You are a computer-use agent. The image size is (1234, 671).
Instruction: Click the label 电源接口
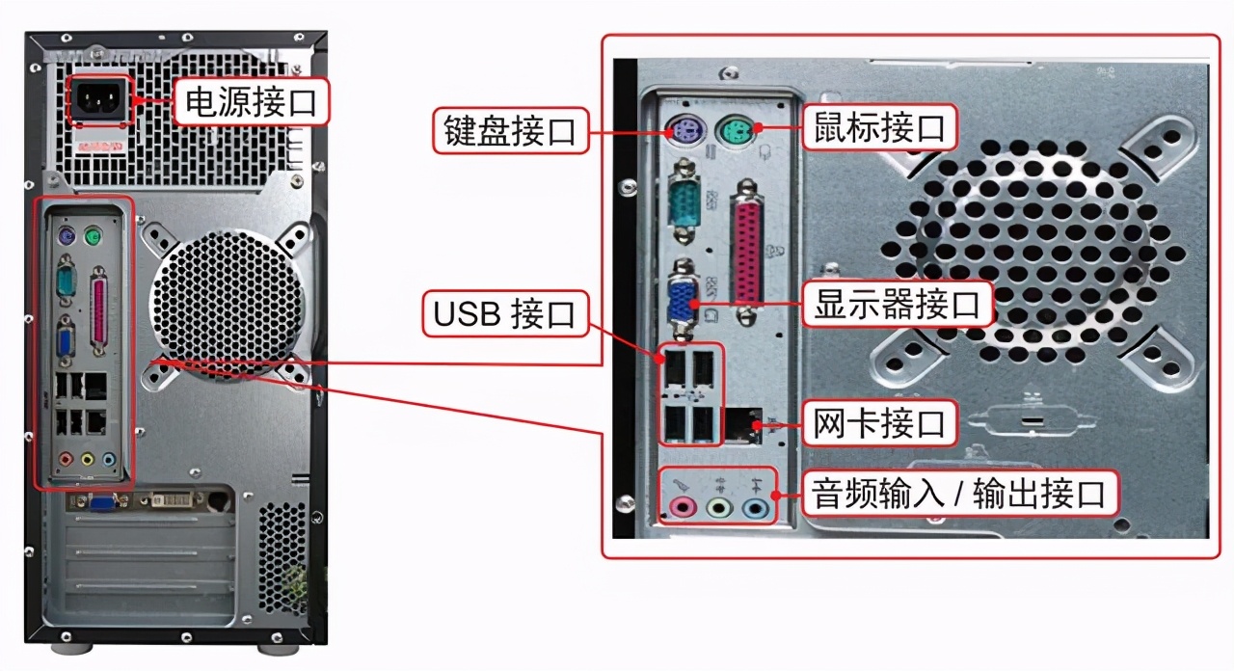pyautogui.click(x=251, y=101)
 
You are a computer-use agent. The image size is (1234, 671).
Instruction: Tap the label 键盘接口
pyautogui.click(x=509, y=130)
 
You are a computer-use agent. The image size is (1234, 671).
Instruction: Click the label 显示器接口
pyautogui.click(x=897, y=304)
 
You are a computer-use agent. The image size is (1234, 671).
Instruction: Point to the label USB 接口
pyautogui.click(x=504, y=313)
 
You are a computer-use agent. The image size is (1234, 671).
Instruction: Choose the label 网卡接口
pyautogui.click(x=879, y=422)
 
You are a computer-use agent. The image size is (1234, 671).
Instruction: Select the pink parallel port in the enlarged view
pyautogui.click(x=748, y=254)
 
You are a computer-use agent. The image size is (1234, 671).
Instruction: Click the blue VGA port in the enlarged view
pyautogui.click(x=684, y=301)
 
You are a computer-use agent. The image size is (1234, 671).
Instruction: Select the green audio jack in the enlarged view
pyautogui.click(x=719, y=506)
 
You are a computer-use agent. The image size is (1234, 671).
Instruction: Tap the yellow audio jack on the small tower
pyautogui.click(x=88, y=461)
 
